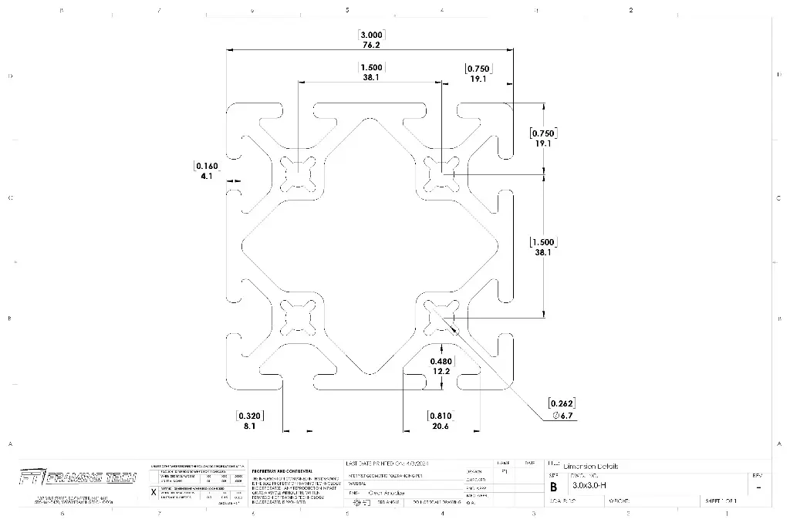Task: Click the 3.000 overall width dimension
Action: (x=371, y=35)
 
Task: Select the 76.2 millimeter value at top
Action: (x=371, y=45)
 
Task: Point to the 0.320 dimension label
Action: (x=249, y=415)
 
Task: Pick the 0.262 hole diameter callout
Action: (x=562, y=403)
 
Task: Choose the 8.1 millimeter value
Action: (x=249, y=425)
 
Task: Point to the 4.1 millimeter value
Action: (x=206, y=177)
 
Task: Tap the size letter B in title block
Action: (x=552, y=487)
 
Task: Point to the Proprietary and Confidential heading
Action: (x=282, y=470)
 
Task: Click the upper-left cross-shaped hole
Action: (x=297, y=173)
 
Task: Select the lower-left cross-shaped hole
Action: (x=297, y=315)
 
